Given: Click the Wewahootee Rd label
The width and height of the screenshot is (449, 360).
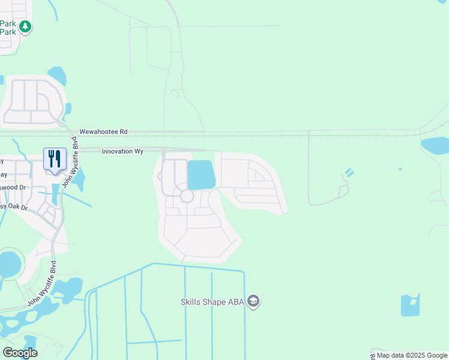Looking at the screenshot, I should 104,131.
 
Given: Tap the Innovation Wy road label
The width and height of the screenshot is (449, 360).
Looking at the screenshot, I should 122,152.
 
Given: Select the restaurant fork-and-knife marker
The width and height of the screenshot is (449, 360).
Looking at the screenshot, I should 55,159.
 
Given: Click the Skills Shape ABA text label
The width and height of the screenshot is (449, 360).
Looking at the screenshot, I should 212,302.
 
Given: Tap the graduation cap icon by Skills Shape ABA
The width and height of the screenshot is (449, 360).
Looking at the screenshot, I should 253,301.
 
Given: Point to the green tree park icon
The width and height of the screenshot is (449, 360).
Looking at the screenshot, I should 25,26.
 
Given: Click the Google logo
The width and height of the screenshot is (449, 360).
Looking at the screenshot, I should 20,353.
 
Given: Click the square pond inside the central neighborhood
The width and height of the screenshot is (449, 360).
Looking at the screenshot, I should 201,175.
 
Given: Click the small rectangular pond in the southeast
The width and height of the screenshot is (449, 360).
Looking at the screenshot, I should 410,305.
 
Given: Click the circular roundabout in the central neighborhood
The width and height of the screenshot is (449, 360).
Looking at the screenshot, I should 187,196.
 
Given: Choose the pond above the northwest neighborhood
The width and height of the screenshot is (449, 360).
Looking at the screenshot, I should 58,76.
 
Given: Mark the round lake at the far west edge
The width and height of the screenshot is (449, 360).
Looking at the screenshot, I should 9,265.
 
